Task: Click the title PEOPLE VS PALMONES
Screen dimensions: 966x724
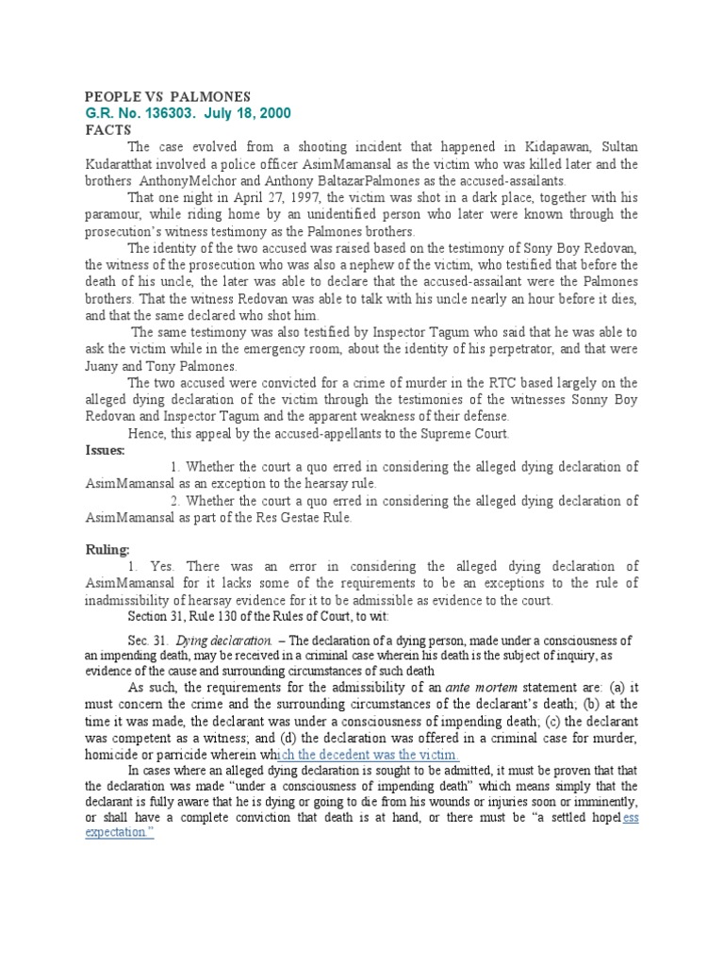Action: [x=168, y=96]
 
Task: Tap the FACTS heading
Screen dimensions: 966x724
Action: [x=107, y=129]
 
